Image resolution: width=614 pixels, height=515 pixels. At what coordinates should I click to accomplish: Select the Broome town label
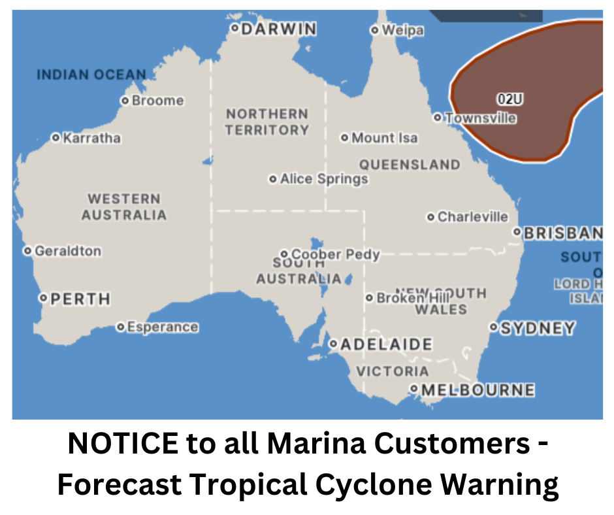(157, 101)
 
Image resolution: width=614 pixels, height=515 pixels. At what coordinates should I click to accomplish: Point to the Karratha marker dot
(56, 138)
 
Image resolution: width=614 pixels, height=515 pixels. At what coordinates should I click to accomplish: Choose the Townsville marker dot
(438, 118)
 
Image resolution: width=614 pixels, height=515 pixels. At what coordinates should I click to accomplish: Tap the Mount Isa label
(384, 138)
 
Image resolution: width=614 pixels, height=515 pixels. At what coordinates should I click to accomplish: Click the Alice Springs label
(324, 179)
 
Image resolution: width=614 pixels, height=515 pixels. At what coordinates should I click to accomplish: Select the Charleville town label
(472, 217)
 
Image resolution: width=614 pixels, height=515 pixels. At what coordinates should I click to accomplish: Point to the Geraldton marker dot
(27, 251)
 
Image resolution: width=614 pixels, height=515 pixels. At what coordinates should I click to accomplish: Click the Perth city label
(80, 299)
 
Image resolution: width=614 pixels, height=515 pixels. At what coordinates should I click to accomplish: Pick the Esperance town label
(162, 327)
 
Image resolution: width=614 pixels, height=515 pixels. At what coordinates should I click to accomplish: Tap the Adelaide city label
(386, 344)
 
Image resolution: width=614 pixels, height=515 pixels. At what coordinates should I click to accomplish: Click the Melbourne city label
(477, 390)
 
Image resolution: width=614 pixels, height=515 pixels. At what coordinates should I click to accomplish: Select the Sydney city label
(538, 328)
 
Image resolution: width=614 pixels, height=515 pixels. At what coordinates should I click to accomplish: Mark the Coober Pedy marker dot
(284, 254)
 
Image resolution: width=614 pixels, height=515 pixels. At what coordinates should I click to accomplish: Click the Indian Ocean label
(91, 75)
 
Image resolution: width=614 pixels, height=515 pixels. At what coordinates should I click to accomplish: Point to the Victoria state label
(393, 371)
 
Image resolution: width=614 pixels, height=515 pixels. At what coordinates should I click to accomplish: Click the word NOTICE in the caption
(121, 444)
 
